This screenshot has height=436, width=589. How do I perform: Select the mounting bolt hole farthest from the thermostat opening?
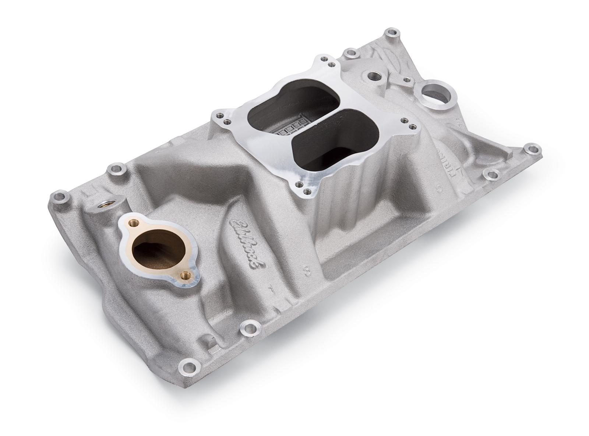click(530, 150)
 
